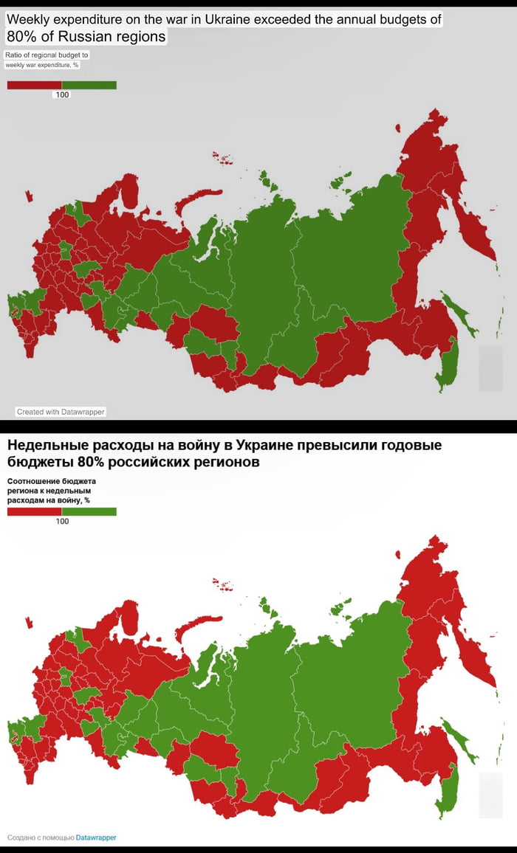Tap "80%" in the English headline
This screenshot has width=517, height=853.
click(21, 36)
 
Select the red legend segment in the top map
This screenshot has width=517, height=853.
click(34, 85)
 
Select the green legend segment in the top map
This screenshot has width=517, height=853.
click(89, 85)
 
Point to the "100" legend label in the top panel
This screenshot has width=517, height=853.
click(62, 94)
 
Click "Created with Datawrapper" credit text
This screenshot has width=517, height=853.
click(61, 412)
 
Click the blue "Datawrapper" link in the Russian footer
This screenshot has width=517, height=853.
click(96, 838)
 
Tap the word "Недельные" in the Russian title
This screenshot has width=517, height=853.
click(44, 446)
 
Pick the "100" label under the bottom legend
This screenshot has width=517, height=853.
click(62, 521)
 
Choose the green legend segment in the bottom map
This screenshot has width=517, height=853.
click(89, 511)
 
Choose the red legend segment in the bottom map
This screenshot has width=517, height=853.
click(34, 511)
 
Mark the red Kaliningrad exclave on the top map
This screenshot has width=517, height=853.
click(29, 196)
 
